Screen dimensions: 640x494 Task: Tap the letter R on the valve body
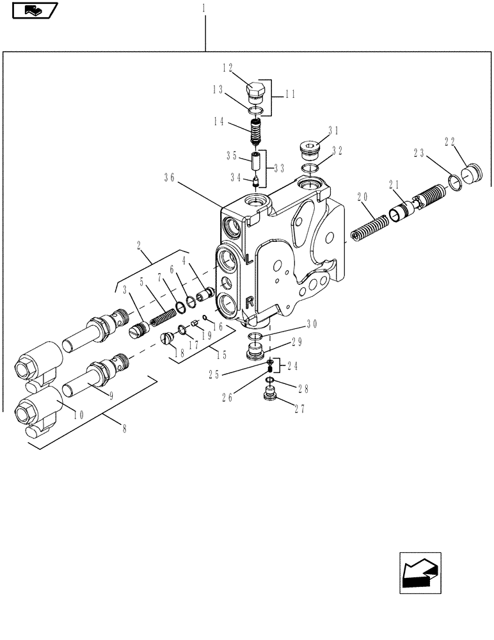tap(250, 301)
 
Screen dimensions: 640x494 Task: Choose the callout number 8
tap(124, 429)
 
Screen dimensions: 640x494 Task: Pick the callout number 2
tap(138, 244)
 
